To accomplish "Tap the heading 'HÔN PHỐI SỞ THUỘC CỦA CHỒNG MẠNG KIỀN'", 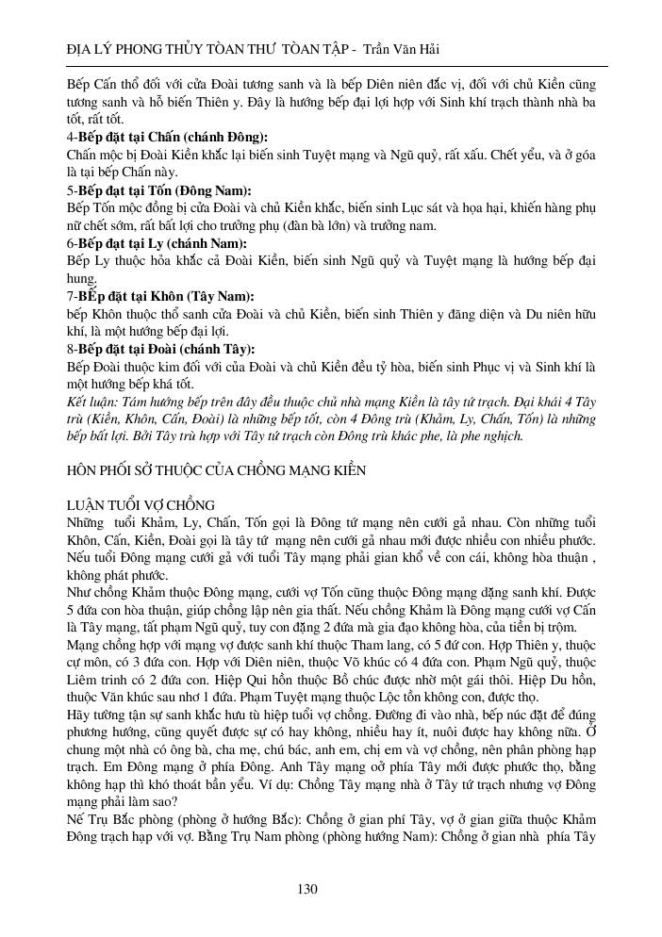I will click(x=217, y=468).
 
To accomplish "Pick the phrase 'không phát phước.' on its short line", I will click(x=116, y=574).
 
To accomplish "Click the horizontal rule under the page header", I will click(x=331, y=66).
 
